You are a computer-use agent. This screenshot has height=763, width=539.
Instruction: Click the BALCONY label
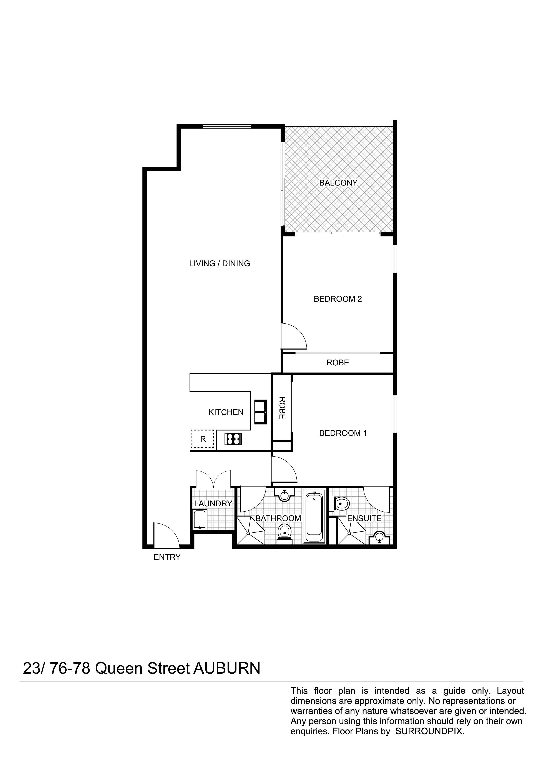pyautogui.click(x=338, y=183)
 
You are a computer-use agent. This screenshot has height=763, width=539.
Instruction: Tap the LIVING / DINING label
pyautogui.click(x=220, y=264)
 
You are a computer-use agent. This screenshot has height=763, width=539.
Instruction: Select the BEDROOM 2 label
pyautogui.click(x=337, y=299)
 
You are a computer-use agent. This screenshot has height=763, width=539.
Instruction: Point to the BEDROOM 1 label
pyautogui.click(x=343, y=433)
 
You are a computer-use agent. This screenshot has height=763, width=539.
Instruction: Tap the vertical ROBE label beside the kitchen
pyautogui.click(x=282, y=408)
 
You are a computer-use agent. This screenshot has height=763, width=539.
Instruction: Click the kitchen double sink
pyautogui.click(x=260, y=412)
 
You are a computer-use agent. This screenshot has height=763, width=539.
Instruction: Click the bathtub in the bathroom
pyautogui.click(x=314, y=518)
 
